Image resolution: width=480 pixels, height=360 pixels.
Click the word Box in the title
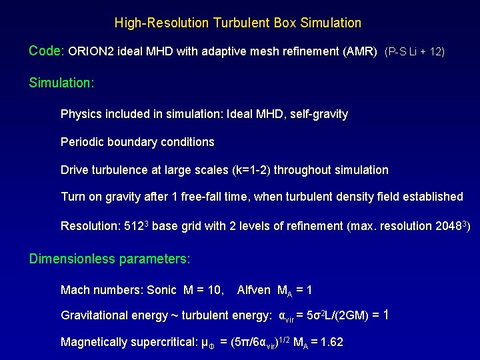285,23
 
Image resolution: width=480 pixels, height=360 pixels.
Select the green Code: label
47,51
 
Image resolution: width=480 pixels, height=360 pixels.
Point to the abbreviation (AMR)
361,51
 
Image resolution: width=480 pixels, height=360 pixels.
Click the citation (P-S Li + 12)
415,51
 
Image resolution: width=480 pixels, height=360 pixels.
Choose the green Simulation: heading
61,83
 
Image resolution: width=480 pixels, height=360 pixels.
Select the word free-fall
224,197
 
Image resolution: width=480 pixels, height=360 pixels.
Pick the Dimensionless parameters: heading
109,258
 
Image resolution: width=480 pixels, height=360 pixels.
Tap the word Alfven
253,290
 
